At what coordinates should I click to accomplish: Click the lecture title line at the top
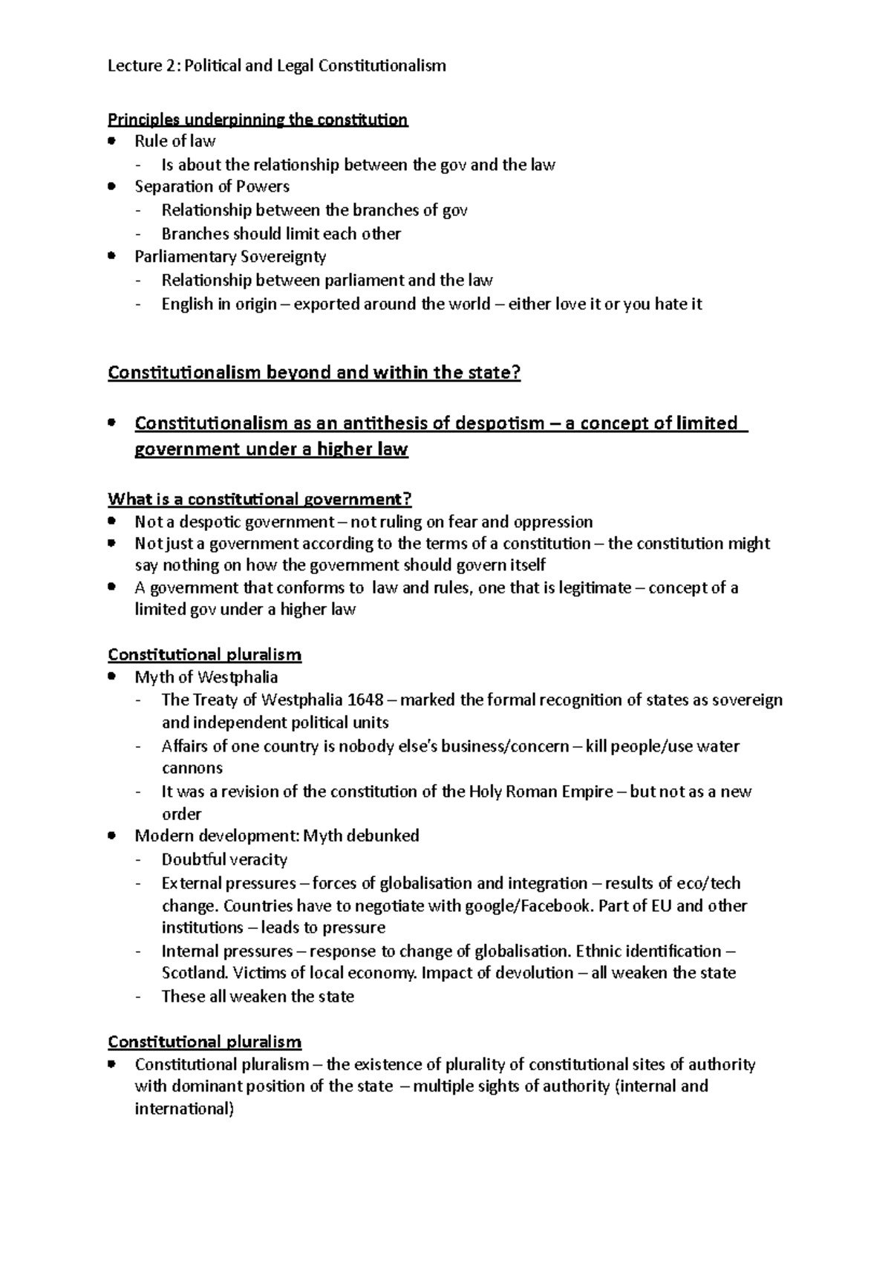pyautogui.click(x=277, y=66)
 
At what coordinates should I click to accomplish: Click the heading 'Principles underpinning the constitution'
pyautogui.click(x=258, y=120)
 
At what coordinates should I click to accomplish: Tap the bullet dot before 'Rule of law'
pyautogui.click(x=112, y=140)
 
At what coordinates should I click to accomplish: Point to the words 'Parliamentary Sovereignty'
pyautogui.click(x=230, y=257)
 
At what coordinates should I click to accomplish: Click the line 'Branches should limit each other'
pyautogui.click(x=281, y=234)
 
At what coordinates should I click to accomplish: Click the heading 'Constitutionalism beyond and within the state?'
pyautogui.click(x=314, y=373)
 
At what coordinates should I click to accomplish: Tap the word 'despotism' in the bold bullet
pyautogui.click(x=500, y=423)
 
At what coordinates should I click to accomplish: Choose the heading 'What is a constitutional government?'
pyautogui.click(x=259, y=498)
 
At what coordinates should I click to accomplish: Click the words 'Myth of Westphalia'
pyautogui.click(x=206, y=677)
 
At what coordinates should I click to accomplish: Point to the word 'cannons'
pyautogui.click(x=192, y=768)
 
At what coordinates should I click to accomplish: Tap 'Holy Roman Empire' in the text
pyautogui.click(x=541, y=792)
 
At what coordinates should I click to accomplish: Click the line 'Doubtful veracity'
pyautogui.click(x=224, y=860)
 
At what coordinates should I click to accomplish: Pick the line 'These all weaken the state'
pyautogui.click(x=258, y=997)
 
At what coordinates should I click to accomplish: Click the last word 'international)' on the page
pyautogui.click(x=184, y=1110)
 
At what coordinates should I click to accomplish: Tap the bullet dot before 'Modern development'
pyautogui.click(x=112, y=835)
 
